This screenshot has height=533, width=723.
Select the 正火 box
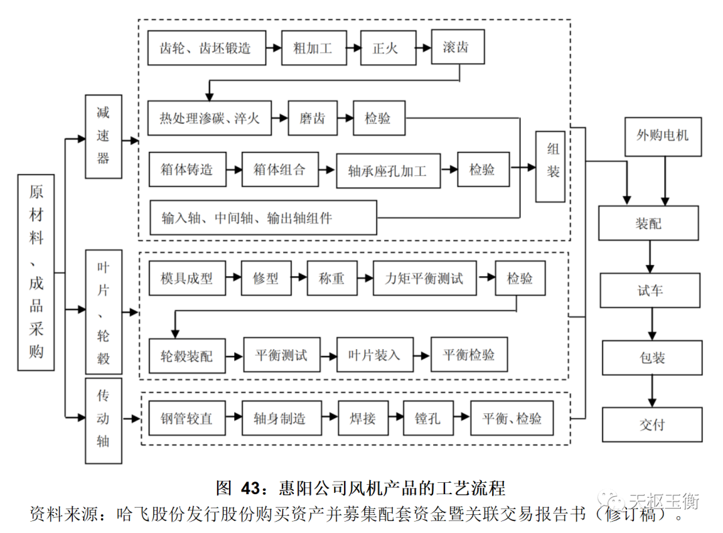coord(379,48)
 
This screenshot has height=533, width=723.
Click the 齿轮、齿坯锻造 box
coord(206,48)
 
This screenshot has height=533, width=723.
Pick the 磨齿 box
coord(312,118)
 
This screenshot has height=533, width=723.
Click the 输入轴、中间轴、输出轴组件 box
coord(263,217)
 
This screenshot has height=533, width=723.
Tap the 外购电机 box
coord(662,136)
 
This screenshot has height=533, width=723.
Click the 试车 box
coord(650,291)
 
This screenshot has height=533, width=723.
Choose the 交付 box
coord(652,424)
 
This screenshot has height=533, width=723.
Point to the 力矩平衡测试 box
coord(424,278)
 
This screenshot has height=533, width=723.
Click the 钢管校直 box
coord(186,419)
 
